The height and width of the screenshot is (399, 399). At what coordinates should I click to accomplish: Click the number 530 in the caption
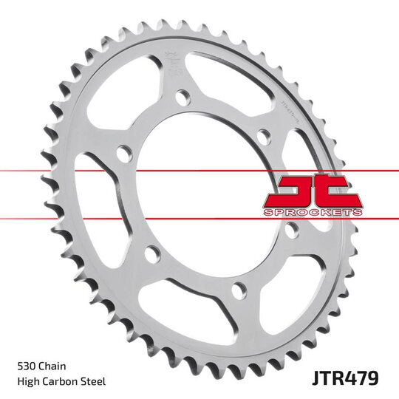click(25, 365)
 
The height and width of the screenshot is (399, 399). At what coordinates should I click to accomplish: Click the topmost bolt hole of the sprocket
click(182, 96)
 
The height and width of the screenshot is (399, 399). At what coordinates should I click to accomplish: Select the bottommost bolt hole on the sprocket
click(239, 290)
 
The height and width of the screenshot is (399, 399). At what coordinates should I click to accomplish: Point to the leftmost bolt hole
click(124, 153)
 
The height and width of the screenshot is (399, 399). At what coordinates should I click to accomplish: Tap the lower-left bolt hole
click(153, 254)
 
